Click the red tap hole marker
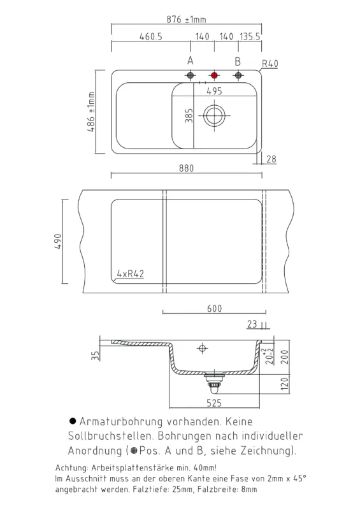point(214,75)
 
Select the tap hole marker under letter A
point(191,75)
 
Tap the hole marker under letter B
point(238,75)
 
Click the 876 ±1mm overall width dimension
point(186,20)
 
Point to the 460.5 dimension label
point(151,36)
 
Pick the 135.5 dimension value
point(250,36)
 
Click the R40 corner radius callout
point(270,63)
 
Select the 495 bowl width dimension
point(214,91)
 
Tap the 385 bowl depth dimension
point(189,115)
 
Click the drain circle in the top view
point(214,115)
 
